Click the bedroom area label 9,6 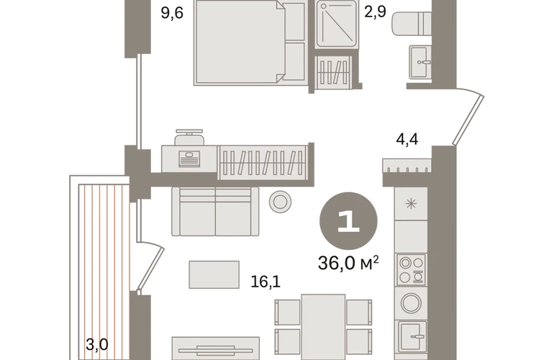pyautogui.click(x=172, y=13)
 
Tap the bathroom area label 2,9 pyautogui.click(x=376, y=12)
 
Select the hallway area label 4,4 pyautogui.click(x=407, y=139)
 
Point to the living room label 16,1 pyautogui.click(x=265, y=282)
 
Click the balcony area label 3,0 pyautogui.click(x=97, y=344)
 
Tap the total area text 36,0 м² pyautogui.click(x=348, y=263)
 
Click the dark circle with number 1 pyautogui.click(x=348, y=221)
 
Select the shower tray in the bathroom pyautogui.click(x=337, y=23)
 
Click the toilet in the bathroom pyautogui.click(x=412, y=23)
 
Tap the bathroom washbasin pyautogui.click(x=420, y=62)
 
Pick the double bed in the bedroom pyautogui.click(x=250, y=42)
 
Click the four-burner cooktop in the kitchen pyautogui.click(x=412, y=269)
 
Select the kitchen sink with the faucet pyautogui.click(x=412, y=337)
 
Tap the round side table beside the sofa pyautogui.click(x=280, y=202)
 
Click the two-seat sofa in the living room pyautogui.click(x=215, y=211)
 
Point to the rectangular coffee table pyautogui.click(x=214, y=275)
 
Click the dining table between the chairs pyautogui.click(x=323, y=327)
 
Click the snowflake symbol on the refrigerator pyautogui.click(x=411, y=204)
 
